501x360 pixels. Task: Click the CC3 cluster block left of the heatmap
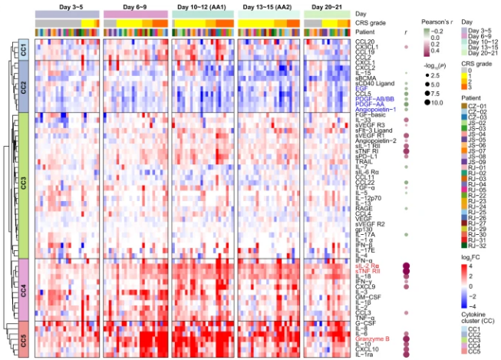pyautogui.click(x=23, y=185)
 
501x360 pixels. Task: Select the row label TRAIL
pyautogui.click(x=363, y=162)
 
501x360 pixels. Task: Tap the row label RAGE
pyautogui.click(x=363, y=206)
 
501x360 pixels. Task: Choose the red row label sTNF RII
pyautogui.click(x=368, y=271)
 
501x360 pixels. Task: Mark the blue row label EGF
pyautogui.click(x=360, y=88)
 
